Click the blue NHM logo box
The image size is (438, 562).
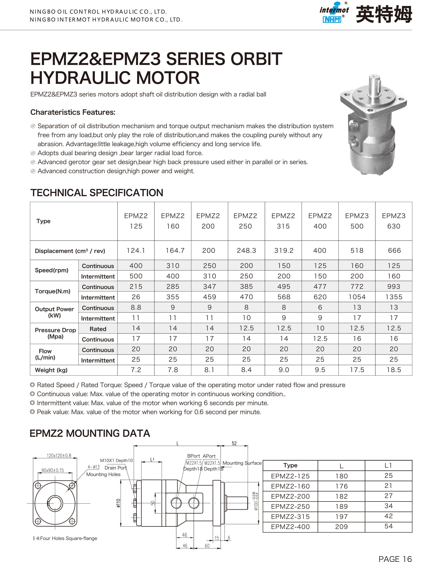click(332, 20)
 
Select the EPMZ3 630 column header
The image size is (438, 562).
click(394, 221)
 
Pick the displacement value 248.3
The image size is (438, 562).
click(246, 250)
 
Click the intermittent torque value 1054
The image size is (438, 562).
click(357, 297)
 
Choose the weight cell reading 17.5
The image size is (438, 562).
click(357, 370)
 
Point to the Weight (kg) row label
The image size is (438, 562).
click(51, 370)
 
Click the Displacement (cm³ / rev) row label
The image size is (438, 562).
click(70, 251)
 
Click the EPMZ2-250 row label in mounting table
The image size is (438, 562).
click(290, 506)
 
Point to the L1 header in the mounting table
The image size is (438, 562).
click(388, 465)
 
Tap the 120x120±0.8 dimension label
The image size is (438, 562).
click(59, 455)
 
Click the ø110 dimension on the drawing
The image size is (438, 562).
click(118, 503)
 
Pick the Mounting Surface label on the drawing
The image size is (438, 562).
click(242, 463)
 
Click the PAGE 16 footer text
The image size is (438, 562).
click(395, 558)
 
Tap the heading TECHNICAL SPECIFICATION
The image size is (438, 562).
click(97, 193)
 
